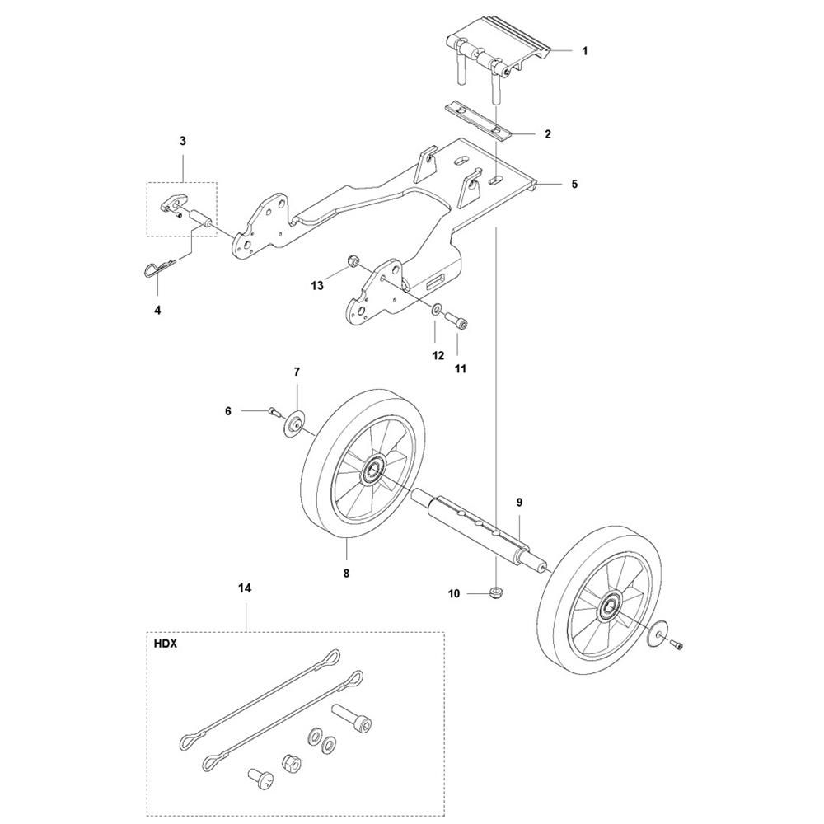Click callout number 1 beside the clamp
(x=585, y=51)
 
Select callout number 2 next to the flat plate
(x=548, y=134)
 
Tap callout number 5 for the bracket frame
(x=574, y=184)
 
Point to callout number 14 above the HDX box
(x=245, y=588)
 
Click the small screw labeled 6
(x=274, y=411)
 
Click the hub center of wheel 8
(x=374, y=466)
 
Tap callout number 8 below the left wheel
(x=346, y=574)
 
